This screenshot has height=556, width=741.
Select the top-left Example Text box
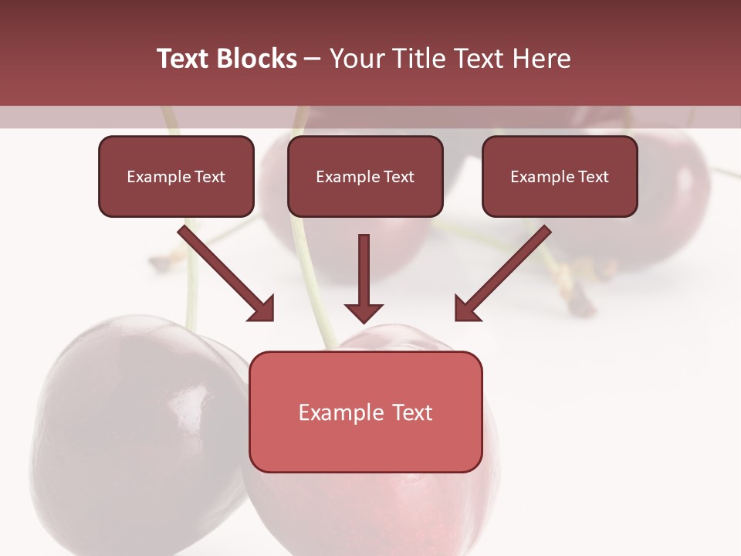tap(176, 177)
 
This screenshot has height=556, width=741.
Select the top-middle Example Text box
tap(365, 177)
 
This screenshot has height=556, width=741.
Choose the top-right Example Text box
tap(560, 177)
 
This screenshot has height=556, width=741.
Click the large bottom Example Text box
tap(365, 412)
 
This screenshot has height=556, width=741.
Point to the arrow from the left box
tap(224, 272)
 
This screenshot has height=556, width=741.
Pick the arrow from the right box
tap(505, 272)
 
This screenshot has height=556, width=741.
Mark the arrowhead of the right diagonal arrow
tap(466, 309)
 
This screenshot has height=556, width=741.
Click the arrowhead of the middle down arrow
tap(364, 313)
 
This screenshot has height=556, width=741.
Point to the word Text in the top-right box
tap(594, 177)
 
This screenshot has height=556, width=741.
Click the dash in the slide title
tap(313, 59)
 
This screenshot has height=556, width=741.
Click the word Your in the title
tap(356, 59)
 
